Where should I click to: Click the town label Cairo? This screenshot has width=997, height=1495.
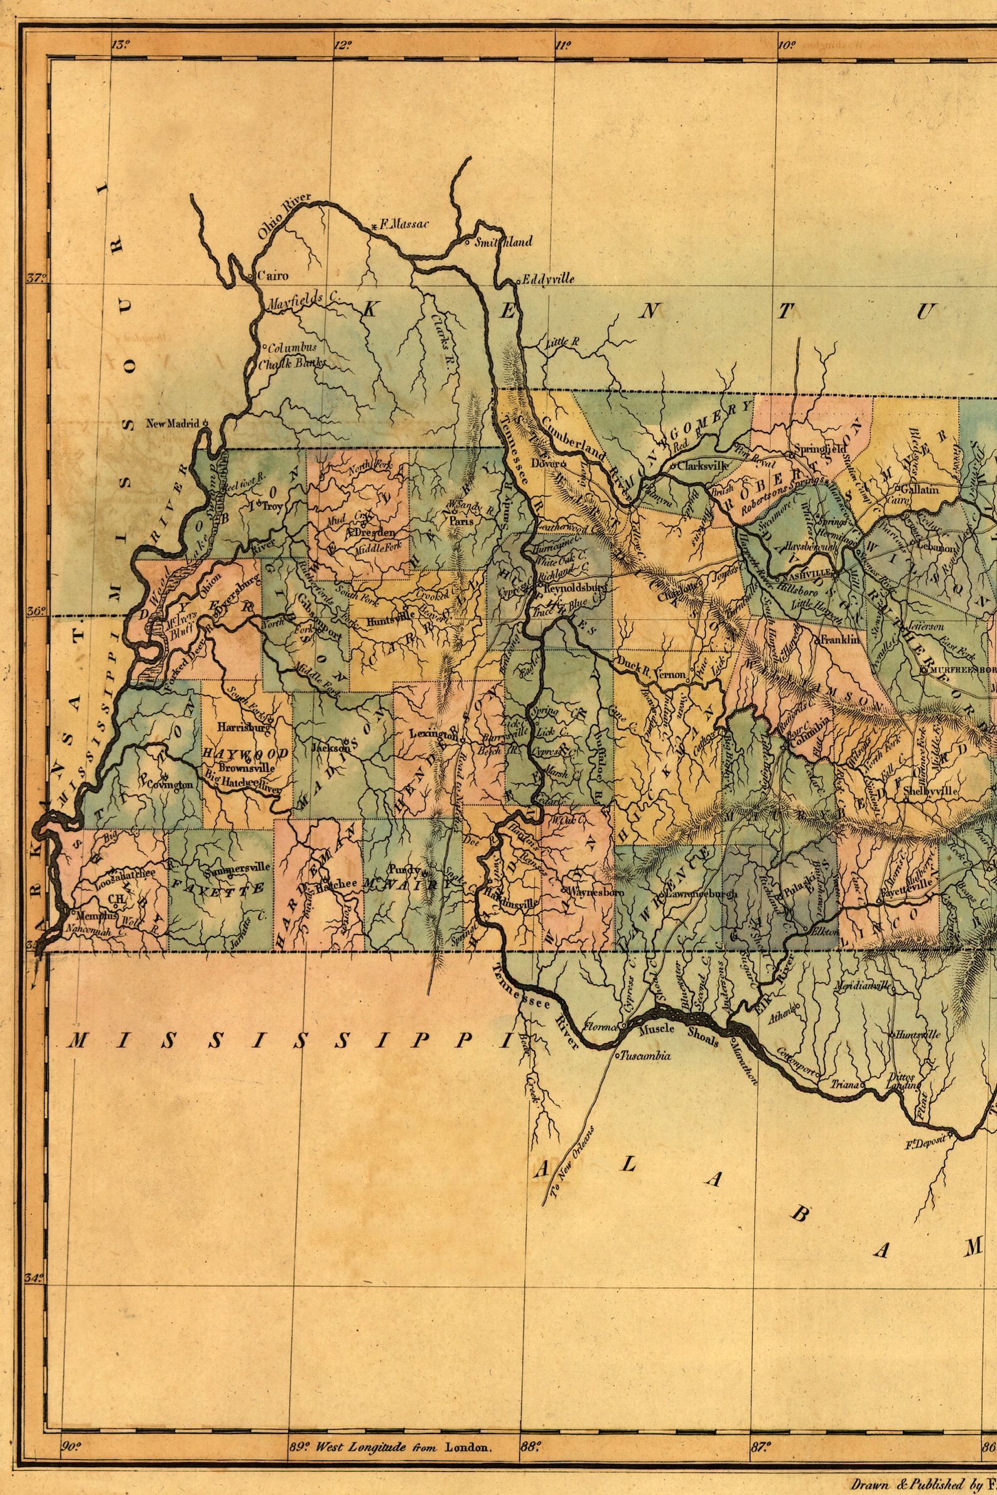click(272, 277)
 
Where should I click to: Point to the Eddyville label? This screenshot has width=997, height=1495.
click(547, 279)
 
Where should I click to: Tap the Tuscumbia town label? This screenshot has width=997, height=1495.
click(646, 1056)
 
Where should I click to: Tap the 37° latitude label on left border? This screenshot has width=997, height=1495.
click(37, 278)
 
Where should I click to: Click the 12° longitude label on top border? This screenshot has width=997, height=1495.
click(343, 45)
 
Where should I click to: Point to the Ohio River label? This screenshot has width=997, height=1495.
click(284, 215)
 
